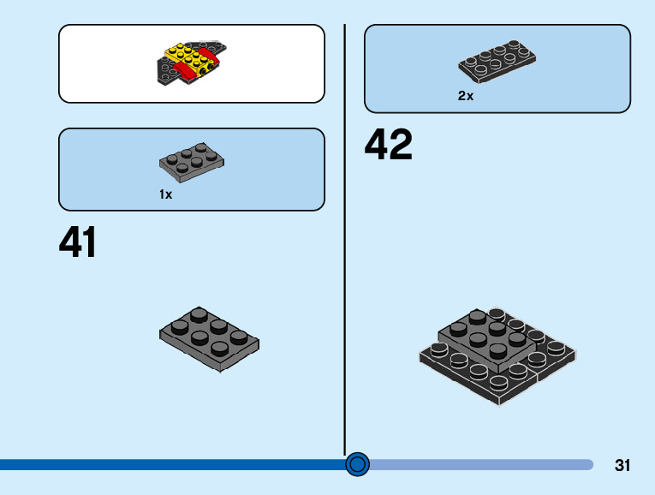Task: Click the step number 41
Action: click(x=78, y=242)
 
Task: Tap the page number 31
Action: click(x=622, y=466)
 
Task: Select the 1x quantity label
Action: click(x=166, y=194)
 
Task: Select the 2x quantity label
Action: click(x=466, y=96)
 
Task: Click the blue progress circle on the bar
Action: click(x=358, y=464)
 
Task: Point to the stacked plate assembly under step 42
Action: click(x=497, y=356)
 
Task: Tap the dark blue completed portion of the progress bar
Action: click(x=171, y=464)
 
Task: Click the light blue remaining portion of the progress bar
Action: click(x=479, y=464)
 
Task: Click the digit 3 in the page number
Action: click(x=618, y=466)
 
